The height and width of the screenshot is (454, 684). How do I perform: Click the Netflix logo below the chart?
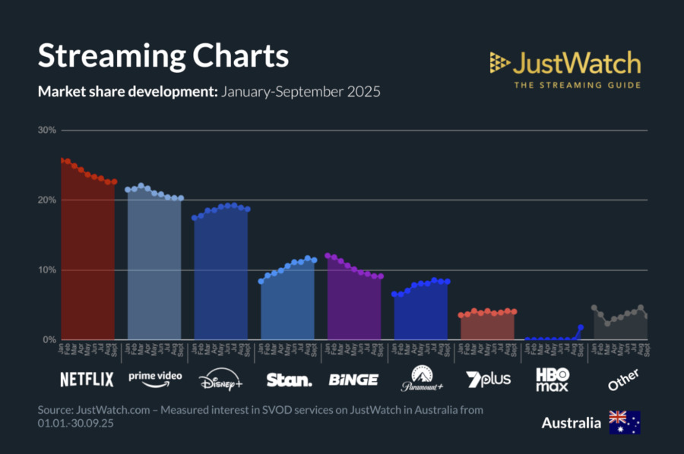[x=87, y=379]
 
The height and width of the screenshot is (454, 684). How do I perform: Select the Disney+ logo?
[x=220, y=380]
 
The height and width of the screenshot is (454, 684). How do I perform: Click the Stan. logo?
[x=289, y=379]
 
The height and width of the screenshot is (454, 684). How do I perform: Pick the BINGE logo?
[x=353, y=379]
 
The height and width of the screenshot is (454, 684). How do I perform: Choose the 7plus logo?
[x=488, y=378]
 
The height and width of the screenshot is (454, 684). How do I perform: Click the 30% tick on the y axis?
[x=47, y=131]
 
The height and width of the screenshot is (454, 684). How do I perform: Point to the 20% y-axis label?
[x=47, y=200]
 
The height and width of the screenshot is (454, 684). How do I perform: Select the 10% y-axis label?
[x=47, y=270]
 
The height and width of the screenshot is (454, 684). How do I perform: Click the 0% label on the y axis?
[x=49, y=340]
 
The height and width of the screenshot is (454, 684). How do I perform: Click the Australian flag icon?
[x=624, y=422]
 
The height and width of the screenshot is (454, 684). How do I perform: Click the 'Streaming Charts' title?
[x=163, y=57]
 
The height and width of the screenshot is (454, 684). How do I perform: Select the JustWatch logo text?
[x=576, y=63]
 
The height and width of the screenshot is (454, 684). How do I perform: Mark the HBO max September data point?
[x=581, y=328]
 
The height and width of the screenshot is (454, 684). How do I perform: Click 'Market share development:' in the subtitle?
[x=127, y=93]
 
